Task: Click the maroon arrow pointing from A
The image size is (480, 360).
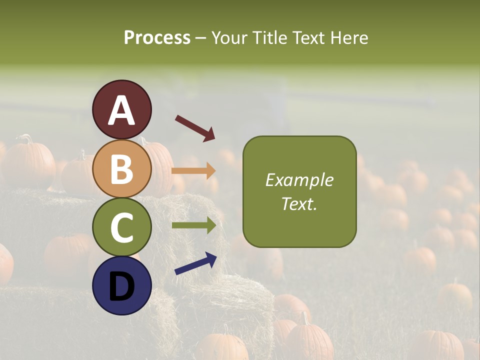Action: [x=195, y=128]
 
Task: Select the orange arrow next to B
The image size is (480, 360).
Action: [x=193, y=171]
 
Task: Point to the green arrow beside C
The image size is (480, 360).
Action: [x=194, y=225]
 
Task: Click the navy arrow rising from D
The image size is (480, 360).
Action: [x=195, y=263]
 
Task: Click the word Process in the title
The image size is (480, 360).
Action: [x=157, y=38]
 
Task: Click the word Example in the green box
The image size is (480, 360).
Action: [x=299, y=180]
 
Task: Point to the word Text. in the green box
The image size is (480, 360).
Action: [x=299, y=203]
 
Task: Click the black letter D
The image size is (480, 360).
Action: [x=122, y=287]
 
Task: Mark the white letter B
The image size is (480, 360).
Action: [x=122, y=169]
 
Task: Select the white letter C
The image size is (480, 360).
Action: [x=122, y=228]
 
